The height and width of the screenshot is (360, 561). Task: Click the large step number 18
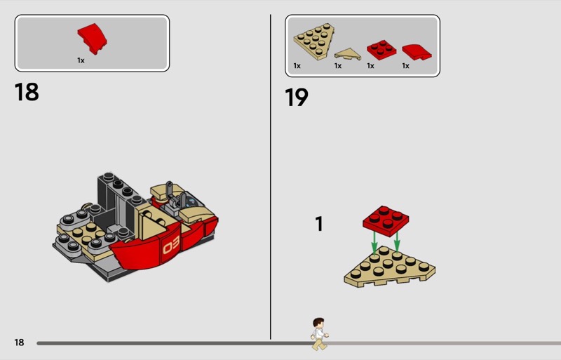(27, 92)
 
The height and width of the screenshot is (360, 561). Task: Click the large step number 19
(296, 97)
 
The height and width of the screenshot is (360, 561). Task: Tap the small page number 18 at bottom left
(19, 342)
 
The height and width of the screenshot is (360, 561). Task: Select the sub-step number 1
(319, 224)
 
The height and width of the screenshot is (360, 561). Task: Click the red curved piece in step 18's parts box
(93, 39)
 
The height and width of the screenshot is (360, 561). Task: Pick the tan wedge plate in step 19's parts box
(314, 41)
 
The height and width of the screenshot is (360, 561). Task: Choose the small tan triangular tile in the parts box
(347, 54)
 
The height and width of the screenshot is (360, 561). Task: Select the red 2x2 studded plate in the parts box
(381, 50)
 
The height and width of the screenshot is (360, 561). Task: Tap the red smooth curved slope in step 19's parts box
(417, 52)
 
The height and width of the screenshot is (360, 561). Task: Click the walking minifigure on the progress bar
(319, 333)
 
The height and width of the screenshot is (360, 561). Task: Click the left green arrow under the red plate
(374, 243)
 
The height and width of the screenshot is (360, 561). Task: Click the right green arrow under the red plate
(397, 241)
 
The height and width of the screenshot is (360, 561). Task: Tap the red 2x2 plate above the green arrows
(386, 220)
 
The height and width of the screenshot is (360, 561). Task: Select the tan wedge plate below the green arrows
(390, 267)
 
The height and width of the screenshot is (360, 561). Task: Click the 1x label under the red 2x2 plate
(370, 66)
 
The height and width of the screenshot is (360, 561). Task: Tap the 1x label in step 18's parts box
(81, 60)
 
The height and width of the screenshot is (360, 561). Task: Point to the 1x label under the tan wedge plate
(297, 66)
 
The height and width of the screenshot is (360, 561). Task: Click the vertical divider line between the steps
(271, 177)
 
